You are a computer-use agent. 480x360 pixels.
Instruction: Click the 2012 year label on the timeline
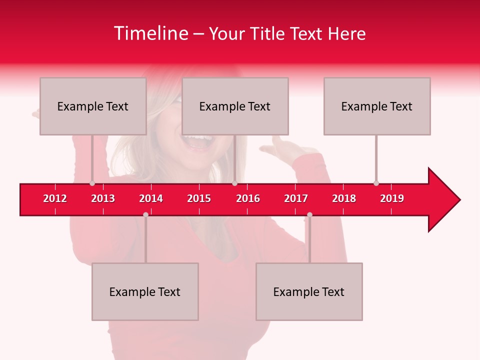pos(55,198)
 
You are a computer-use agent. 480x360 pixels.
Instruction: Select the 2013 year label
pos(103,198)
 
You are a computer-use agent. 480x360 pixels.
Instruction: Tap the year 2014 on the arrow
pos(151,198)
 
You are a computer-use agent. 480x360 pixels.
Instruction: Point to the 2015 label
pos(199,198)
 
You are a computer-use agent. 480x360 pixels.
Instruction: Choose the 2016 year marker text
pos(248,198)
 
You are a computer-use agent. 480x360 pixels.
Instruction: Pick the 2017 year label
pos(296,198)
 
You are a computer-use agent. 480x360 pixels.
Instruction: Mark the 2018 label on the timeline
pos(344,198)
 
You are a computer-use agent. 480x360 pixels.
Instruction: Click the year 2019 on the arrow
pos(392,198)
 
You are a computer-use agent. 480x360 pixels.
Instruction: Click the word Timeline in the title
pos(149,33)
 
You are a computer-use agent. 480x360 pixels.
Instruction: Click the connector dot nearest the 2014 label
pos(145,214)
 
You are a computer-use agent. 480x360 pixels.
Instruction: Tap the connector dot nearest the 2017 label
pos(309,214)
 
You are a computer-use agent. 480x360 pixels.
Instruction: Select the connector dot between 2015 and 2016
pos(234,183)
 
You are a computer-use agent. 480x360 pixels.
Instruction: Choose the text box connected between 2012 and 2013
pos(93,106)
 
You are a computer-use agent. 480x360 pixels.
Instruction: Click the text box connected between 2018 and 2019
pos(377,106)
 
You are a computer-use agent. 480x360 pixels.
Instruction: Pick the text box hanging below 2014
pos(145,291)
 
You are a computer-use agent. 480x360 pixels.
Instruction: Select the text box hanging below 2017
pos(309,291)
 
